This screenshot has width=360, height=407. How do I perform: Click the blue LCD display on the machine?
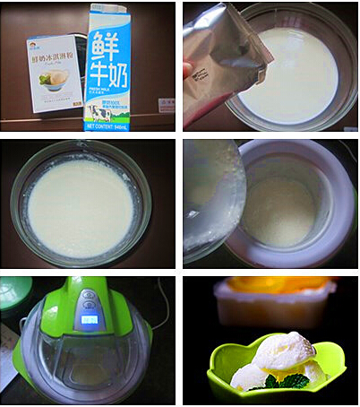pyautogui.click(x=89, y=321)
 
